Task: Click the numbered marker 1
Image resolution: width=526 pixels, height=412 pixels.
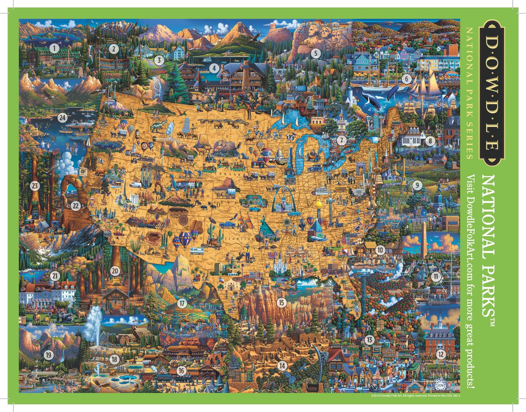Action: pos(54,48)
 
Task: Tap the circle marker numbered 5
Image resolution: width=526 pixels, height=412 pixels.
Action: pos(315,53)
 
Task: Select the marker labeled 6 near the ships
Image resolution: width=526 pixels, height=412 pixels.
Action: pos(406,79)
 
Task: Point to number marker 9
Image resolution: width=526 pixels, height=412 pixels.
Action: pos(417,185)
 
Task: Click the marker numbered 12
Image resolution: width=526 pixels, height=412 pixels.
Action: pos(441,354)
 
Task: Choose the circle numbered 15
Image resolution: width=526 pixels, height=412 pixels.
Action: pos(281,302)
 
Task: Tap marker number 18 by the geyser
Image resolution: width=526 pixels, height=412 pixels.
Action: pos(114,359)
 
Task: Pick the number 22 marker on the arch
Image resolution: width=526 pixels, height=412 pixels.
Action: pos(76,204)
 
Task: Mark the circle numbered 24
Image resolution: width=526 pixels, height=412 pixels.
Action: pos(62,117)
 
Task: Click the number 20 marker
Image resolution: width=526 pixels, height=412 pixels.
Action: pos(115,271)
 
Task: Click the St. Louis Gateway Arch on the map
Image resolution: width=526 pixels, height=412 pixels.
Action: pos(284,199)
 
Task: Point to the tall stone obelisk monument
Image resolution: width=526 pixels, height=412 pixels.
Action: pos(424,243)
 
